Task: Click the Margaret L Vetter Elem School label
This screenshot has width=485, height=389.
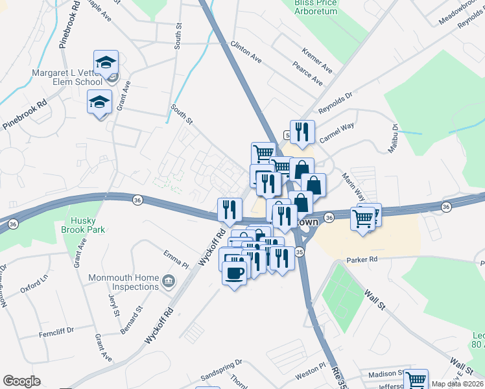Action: [x=67, y=77]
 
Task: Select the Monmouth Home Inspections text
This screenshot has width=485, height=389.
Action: [x=124, y=281]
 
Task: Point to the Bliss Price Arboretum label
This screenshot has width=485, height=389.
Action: [x=314, y=7]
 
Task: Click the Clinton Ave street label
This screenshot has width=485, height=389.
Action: [x=246, y=52]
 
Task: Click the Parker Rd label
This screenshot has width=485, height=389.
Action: [x=362, y=259]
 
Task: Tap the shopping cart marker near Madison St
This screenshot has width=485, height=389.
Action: [x=416, y=379]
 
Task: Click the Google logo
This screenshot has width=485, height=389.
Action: [x=21, y=381]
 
